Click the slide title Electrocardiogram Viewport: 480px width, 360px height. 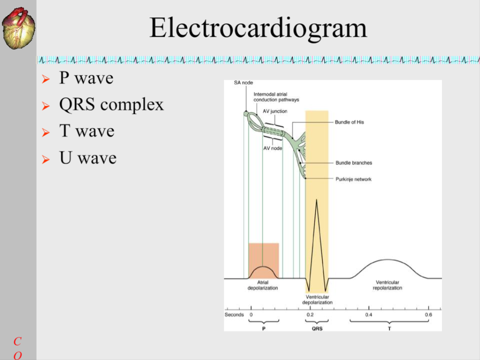point(258,28)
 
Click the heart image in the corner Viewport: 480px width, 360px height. point(19,28)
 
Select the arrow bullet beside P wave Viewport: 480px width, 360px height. point(45,79)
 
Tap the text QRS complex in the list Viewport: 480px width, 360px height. point(112,105)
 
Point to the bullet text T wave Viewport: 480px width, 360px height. point(87,131)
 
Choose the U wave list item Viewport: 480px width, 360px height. point(88,157)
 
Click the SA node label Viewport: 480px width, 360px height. point(243,82)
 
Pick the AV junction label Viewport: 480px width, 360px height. point(275,112)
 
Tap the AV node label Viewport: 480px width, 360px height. point(273,148)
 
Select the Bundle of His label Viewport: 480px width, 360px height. point(349,122)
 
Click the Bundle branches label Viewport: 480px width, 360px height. point(354,163)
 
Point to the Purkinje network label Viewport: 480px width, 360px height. point(353,179)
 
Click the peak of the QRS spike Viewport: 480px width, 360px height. point(316,200)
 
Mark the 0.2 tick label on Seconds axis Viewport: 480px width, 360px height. point(310,315)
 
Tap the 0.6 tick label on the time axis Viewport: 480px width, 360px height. point(428,315)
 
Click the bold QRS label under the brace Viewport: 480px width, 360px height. point(317,329)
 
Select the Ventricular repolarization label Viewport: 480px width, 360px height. point(387,285)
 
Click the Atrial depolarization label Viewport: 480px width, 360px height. point(262,285)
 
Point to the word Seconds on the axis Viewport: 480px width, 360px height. point(234,315)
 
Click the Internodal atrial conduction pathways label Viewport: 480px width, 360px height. point(276,97)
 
